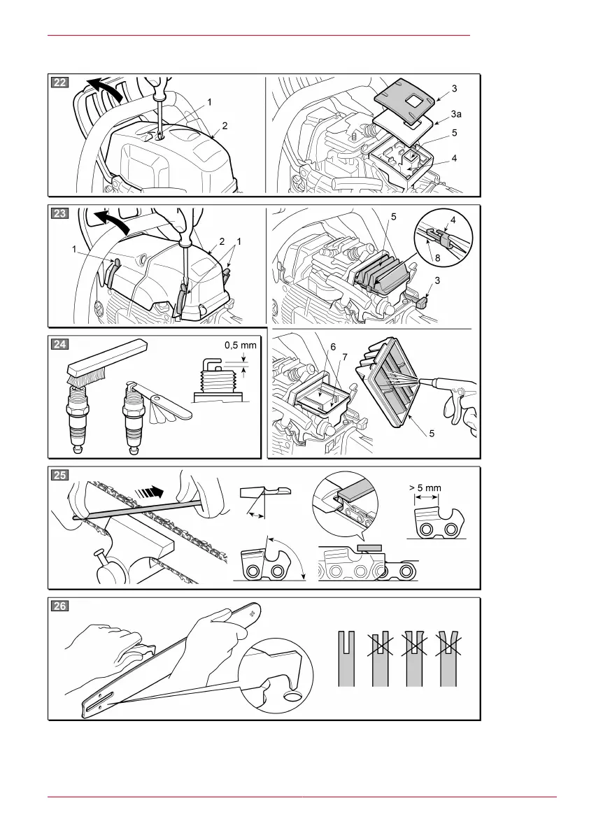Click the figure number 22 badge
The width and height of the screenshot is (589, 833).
[x=60, y=83]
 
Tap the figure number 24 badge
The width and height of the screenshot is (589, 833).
[x=60, y=343]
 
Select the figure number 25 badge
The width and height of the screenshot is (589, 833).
[x=60, y=475]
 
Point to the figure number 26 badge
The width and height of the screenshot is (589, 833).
[x=60, y=606]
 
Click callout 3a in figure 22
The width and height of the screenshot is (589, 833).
[x=455, y=111]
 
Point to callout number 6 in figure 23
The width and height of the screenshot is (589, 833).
[x=332, y=347]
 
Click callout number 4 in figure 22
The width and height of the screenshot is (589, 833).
[x=455, y=158]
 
